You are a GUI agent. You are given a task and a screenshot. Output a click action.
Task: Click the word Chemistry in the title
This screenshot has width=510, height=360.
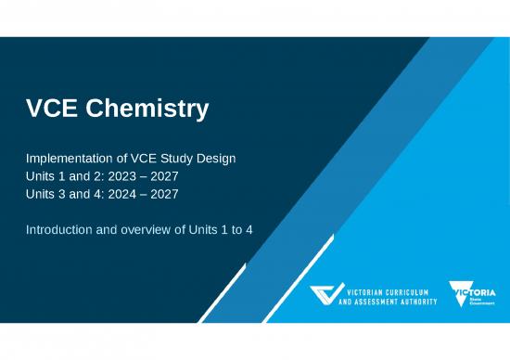coord(151,109)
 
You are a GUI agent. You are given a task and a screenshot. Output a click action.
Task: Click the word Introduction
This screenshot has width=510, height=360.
coord(61,229)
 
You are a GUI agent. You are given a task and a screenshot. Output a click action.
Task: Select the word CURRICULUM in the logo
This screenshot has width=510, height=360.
coord(412,290)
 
